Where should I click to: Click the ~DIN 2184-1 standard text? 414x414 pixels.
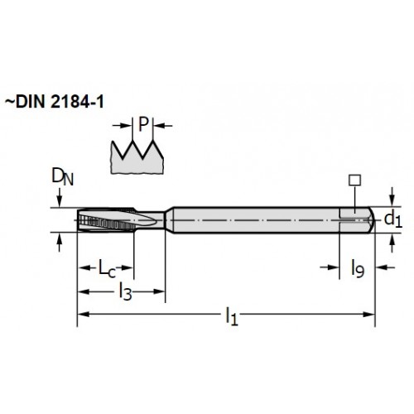[x=55, y=102]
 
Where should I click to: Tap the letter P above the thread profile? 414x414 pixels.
[x=143, y=124]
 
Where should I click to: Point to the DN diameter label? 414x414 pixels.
[x=63, y=176]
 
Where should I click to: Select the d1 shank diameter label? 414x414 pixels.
[x=393, y=219]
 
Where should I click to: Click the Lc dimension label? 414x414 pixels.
[x=107, y=267]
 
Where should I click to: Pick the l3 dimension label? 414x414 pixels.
[x=125, y=291]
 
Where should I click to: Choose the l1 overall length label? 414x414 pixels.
[x=232, y=316]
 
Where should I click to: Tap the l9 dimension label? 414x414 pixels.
[x=358, y=268]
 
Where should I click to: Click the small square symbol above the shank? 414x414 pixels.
[x=354, y=181]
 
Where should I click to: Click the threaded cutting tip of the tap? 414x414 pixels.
[x=106, y=220]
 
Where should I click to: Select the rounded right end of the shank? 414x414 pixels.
[x=371, y=219]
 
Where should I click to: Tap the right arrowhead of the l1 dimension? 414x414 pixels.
[x=368, y=315]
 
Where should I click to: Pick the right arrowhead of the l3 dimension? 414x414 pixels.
[x=159, y=291]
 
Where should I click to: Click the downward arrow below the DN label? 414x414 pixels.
[x=59, y=198]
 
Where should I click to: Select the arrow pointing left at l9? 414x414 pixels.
[x=386, y=267]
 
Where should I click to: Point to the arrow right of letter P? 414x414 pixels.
[x=163, y=126]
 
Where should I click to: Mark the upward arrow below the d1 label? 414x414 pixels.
[x=392, y=243]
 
